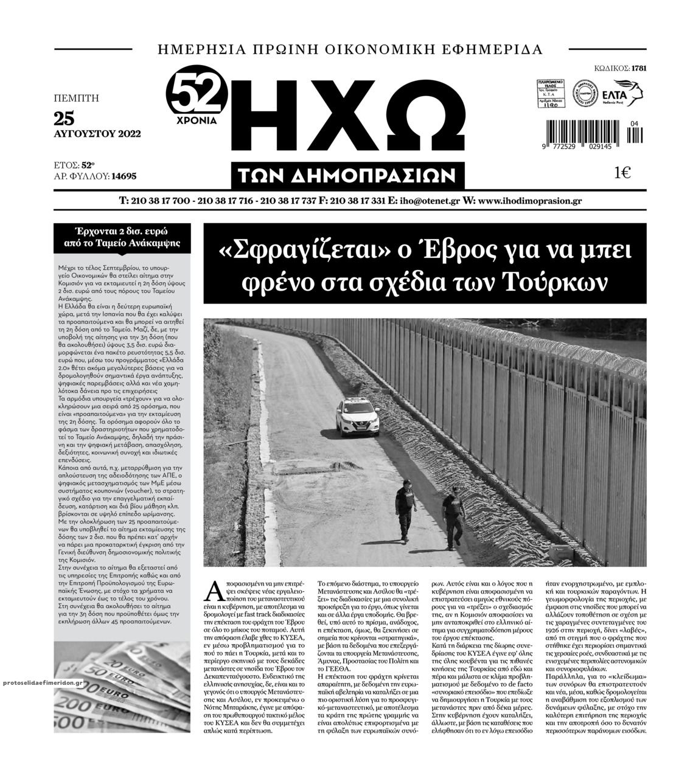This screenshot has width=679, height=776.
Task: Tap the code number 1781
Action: (639, 68)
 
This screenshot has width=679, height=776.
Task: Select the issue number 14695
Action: (124, 176)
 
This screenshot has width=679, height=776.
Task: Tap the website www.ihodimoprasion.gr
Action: (526, 201)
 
